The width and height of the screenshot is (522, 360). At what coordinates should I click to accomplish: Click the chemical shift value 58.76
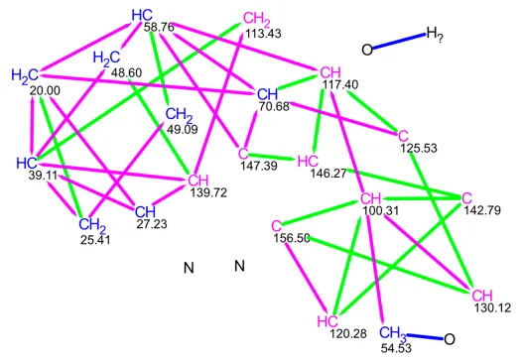(x=159, y=27)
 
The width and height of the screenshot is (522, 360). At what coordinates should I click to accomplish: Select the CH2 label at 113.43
(x=257, y=19)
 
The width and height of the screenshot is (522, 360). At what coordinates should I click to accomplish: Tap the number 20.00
(x=45, y=90)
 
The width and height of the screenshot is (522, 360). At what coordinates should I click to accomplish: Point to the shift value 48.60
(x=126, y=72)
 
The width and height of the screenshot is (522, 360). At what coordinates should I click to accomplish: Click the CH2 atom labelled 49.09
(x=179, y=115)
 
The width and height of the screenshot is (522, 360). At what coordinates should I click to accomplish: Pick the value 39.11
(x=44, y=176)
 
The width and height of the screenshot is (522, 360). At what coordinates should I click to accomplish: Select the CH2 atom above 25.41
(x=92, y=225)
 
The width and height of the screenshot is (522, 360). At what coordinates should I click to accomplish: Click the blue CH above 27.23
(x=145, y=211)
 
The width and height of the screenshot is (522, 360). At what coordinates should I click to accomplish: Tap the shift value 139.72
(x=208, y=192)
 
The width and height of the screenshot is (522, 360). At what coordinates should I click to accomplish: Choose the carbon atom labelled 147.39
(x=243, y=154)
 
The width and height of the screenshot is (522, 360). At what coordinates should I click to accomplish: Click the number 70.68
(x=274, y=106)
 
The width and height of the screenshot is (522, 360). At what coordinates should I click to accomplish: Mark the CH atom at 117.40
(x=330, y=72)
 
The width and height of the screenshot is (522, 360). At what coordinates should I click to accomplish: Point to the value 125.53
(x=419, y=148)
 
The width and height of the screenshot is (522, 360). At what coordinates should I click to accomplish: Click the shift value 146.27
(x=328, y=173)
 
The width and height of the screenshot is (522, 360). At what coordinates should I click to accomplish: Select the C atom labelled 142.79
(x=466, y=198)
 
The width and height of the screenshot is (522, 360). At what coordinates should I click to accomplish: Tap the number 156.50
(x=292, y=238)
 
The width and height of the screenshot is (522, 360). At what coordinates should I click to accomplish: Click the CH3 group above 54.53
(x=393, y=333)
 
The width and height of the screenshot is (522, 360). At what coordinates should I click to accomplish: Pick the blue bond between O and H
(x=399, y=42)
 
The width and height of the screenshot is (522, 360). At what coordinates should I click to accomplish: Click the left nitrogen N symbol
(x=189, y=268)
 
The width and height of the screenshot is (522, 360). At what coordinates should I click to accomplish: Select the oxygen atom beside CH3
(x=450, y=339)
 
